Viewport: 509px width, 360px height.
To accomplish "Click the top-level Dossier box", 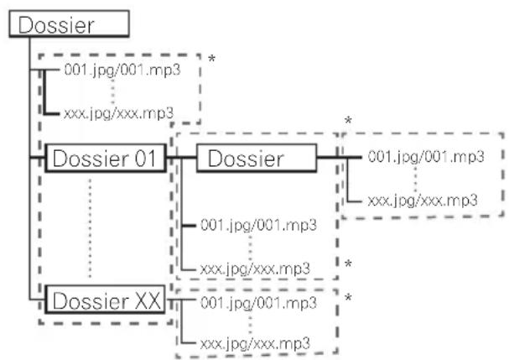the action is [69, 23].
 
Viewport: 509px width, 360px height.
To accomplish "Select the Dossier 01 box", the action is [106, 158].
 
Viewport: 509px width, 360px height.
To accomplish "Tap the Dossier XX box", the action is [105, 300].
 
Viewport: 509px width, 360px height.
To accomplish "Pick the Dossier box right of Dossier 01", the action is [257, 158].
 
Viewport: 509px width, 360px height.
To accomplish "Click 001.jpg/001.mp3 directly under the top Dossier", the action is [122, 70].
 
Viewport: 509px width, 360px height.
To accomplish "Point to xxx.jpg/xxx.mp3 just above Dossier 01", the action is [119, 113].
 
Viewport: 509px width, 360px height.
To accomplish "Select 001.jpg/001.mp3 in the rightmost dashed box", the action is [426, 157].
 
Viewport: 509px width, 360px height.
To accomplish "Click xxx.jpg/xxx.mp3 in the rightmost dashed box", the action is [423, 201].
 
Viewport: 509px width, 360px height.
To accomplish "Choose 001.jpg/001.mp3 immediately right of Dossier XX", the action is [259, 303].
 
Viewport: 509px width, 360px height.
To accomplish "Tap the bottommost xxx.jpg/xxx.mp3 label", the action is [256, 343].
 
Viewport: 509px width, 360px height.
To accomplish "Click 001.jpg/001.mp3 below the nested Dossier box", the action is [259, 225].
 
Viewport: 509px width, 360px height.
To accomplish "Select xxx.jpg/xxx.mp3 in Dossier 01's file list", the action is [256, 269].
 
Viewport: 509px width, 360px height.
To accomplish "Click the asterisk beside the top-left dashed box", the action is [211, 60].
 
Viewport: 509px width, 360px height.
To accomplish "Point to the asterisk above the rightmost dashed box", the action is [348, 121].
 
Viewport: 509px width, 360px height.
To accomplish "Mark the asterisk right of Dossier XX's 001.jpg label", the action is [348, 298].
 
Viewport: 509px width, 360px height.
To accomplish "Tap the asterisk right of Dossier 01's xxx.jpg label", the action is [348, 263].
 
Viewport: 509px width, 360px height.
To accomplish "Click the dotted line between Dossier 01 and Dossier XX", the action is [90, 227].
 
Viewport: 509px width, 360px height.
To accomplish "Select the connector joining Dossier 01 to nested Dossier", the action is [181, 158].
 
